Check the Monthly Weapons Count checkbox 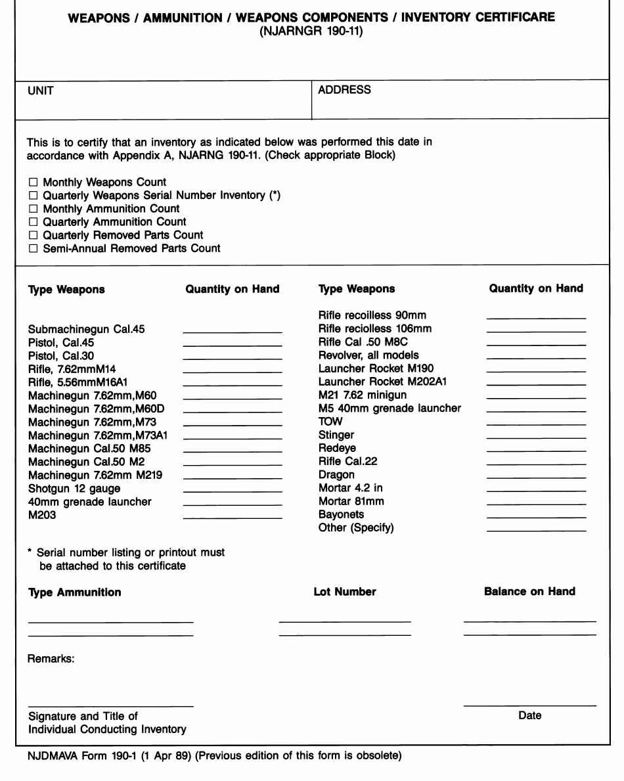(x=32, y=183)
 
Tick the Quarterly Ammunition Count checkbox (x=32, y=222)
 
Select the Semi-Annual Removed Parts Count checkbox (x=32, y=248)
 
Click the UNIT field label (x=40, y=91)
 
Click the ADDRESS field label (x=344, y=90)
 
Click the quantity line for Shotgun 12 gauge (x=232, y=491)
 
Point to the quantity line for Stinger (x=536, y=437)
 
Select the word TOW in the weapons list (x=330, y=422)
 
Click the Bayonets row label (x=341, y=514)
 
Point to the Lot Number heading (x=345, y=592)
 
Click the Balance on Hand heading (x=529, y=591)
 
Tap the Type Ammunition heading (x=74, y=592)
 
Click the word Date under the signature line (x=529, y=716)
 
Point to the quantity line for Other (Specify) (x=536, y=530)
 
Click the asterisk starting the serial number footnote (x=30, y=553)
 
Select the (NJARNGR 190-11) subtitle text (x=311, y=31)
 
